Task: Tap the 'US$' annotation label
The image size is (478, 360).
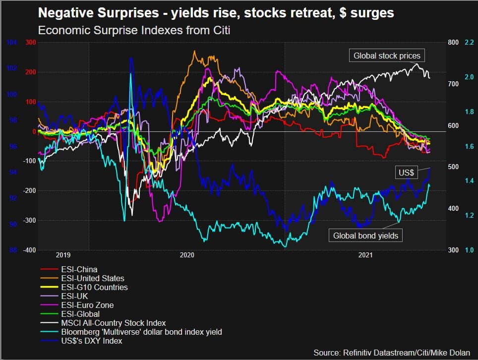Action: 406,173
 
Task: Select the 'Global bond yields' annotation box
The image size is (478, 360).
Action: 365,236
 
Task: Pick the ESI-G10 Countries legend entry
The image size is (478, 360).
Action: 94,287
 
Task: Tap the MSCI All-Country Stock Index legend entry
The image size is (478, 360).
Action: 113,323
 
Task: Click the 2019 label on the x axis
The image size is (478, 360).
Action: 63,255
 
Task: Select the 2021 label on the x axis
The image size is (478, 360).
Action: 365,255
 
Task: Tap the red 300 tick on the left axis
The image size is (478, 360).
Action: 31,43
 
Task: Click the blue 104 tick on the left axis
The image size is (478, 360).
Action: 11,43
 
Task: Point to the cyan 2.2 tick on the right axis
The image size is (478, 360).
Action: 469,43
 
